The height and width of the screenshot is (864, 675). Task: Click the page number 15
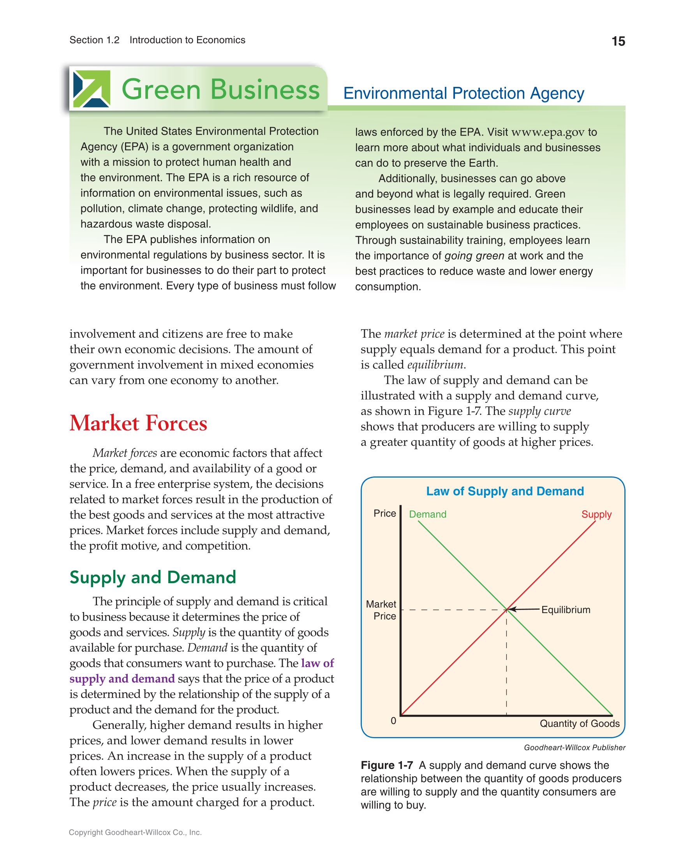[x=618, y=41]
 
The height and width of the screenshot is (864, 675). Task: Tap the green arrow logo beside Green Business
[x=92, y=89]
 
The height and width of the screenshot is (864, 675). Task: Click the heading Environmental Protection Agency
[x=464, y=93]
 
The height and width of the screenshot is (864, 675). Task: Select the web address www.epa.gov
[x=548, y=132]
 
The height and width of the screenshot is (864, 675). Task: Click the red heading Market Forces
[x=139, y=423]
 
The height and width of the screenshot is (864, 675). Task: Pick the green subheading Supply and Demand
[x=153, y=577]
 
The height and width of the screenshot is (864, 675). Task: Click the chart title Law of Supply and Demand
[x=505, y=491]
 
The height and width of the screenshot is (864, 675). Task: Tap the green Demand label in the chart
[x=427, y=514]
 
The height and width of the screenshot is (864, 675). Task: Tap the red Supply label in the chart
[x=596, y=514]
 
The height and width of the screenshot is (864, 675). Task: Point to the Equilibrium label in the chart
[x=566, y=610]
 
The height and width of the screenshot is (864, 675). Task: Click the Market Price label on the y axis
[x=381, y=610]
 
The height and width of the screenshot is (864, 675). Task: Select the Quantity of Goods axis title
[x=580, y=723]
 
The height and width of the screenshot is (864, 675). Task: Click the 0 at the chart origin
[x=393, y=721]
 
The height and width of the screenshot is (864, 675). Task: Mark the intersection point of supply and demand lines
[x=506, y=610]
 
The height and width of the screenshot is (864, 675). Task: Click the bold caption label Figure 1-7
[x=386, y=765]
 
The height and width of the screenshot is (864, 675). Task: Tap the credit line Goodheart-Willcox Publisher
[x=575, y=748]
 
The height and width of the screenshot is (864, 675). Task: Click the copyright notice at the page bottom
[x=135, y=832]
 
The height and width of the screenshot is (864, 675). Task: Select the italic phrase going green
[x=474, y=256]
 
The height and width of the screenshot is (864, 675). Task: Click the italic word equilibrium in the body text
[x=435, y=365]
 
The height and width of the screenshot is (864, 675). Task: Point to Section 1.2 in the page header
[x=95, y=41]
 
